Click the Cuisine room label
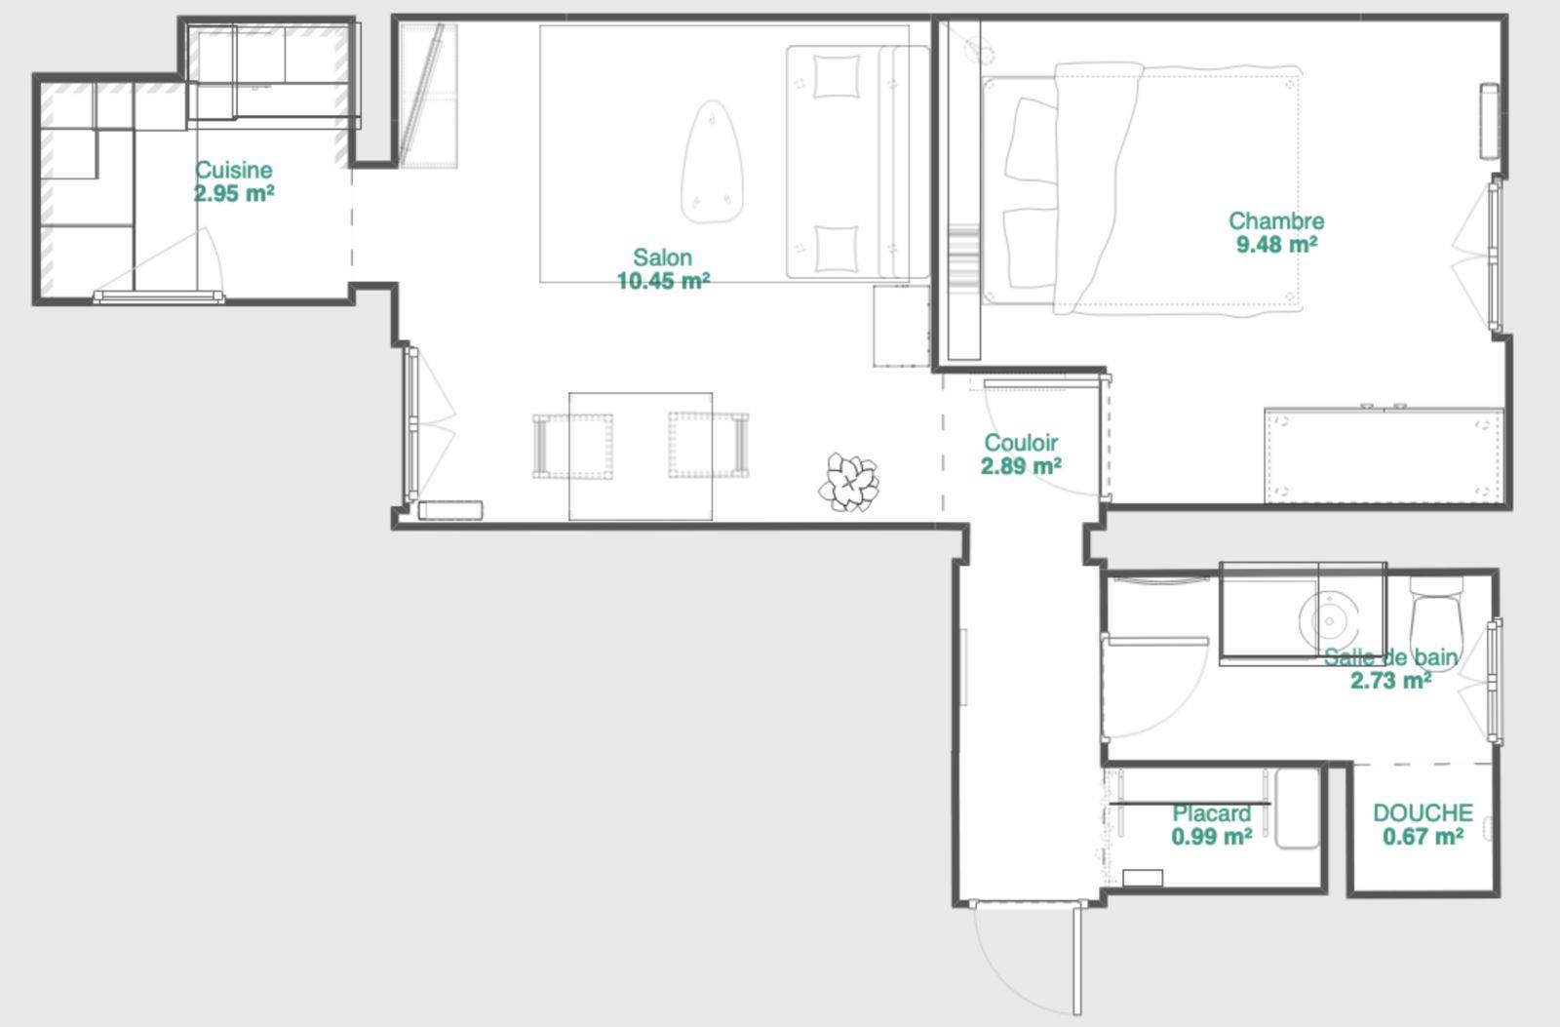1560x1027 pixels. click(x=233, y=170)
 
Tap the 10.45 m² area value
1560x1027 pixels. click(x=663, y=281)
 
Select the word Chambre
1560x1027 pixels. click(x=1276, y=220)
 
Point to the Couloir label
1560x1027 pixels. click(x=1021, y=443)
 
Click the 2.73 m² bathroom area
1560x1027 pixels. click(x=1390, y=680)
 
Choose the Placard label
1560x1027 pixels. click(x=1212, y=813)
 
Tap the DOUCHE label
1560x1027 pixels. click(x=1423, y=812)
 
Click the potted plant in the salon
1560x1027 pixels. click(x=849, y=482)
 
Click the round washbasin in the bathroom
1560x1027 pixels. click(x=1329, y=619)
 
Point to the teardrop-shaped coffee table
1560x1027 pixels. click(x=712, y=162)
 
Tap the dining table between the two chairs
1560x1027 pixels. click(x=640, y=456)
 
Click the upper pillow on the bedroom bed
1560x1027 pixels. click(x=1031, y=139)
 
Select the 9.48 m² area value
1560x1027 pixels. click(x=1276, y=245)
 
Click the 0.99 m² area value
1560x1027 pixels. click(x=1212, y=836)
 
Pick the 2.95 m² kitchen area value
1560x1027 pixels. click(x=234, y=193)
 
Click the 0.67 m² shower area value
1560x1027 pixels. click(x=1423, y=836)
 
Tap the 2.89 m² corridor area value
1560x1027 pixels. click(x=1021, y=465)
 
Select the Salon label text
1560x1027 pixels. click(x=662, y=257)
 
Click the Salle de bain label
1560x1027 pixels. click(x=1390, y=657)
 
